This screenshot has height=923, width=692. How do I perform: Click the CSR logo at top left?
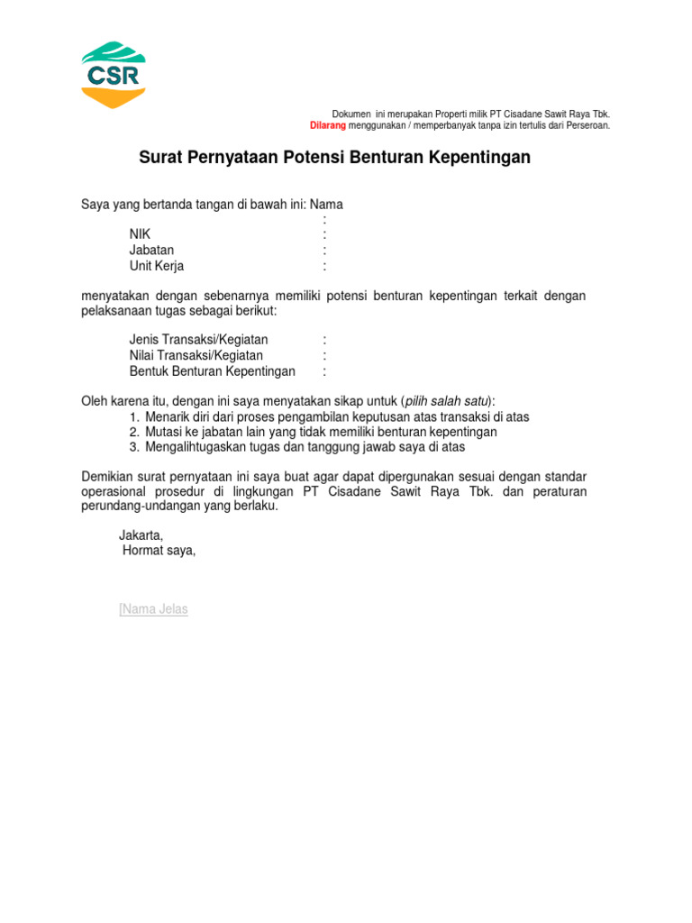tap(114, 75)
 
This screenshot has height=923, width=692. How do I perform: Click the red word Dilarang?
tap(328, 125)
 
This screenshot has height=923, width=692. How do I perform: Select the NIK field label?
tap(140, 234)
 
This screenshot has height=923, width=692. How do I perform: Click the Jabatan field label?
tap(151, 250)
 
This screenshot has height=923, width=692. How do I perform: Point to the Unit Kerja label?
tap(157, 266)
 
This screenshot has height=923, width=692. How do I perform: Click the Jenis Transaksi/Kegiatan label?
tap(198, 340)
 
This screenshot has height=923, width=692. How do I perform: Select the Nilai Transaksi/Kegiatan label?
tap(196, 355)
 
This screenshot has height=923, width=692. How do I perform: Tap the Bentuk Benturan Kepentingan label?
tap(212, 371)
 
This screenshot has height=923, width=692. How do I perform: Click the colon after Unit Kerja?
tap(324, 266)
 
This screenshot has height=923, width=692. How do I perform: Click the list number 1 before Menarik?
tap(132, 416)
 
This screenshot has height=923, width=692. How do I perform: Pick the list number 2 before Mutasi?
tap(132, 432)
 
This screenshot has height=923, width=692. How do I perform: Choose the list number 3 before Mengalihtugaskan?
tap(132, 447)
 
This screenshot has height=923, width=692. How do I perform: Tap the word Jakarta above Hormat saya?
tap(141, 535)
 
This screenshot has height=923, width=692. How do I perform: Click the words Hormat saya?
tap(159, 551)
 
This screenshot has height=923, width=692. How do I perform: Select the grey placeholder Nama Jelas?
tap(154, 609)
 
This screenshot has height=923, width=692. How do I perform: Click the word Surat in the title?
tap(159, 158)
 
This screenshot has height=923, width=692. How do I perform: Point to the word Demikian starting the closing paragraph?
tap(109, 476)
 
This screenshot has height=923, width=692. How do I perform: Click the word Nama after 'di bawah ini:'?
tap(326, 205)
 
